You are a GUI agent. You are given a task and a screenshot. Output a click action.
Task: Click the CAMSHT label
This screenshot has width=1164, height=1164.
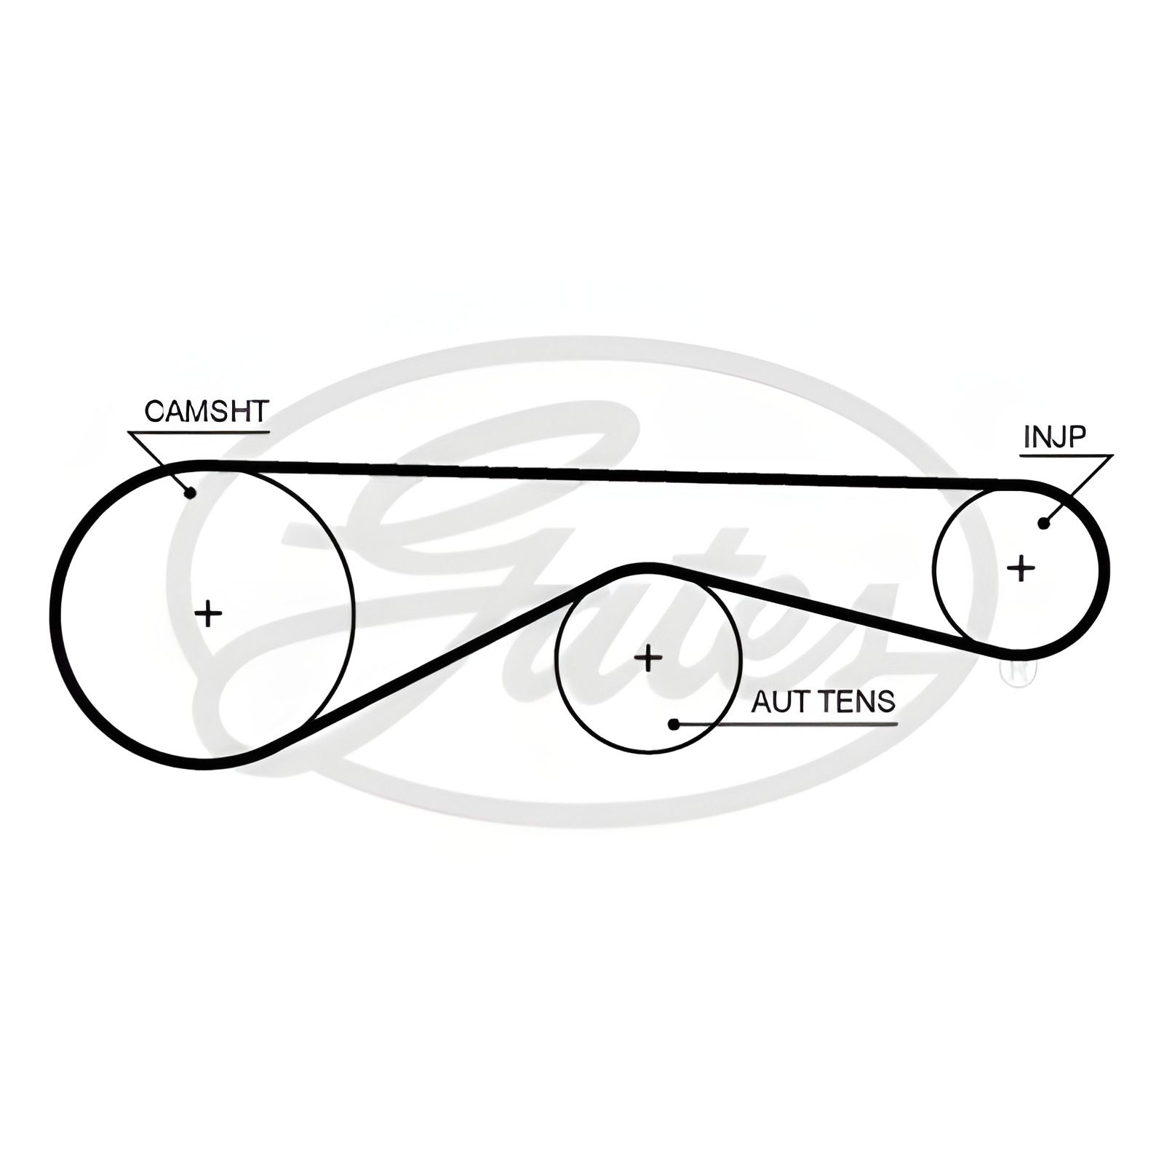coord(207,411)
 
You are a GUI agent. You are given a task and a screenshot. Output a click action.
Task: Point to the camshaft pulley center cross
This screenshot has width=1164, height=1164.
coord(209,614)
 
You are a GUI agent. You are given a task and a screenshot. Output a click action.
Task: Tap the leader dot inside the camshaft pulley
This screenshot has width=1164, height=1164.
coord(191,493)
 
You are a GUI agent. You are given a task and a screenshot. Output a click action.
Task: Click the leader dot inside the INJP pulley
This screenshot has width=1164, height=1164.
coord(1045,522)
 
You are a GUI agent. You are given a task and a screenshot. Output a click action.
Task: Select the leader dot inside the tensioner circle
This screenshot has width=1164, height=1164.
coord(674,724)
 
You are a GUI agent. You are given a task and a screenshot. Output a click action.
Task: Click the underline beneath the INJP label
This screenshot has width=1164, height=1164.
coord(1066,456)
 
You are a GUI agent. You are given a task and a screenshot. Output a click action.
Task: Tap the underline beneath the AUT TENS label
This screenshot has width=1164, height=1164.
coord(786,725)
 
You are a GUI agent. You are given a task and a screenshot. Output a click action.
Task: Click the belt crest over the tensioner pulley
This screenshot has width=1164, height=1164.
coord(645,565)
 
